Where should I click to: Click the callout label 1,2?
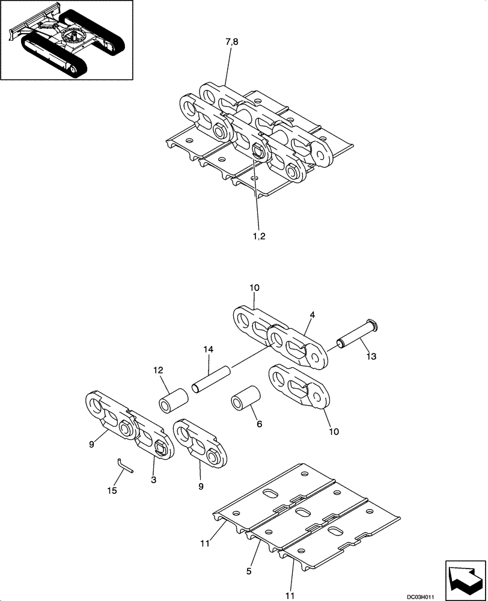(260, 236)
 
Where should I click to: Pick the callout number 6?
(260, 424)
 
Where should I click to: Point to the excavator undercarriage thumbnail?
(67, 40)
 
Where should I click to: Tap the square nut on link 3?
(160, 447)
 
